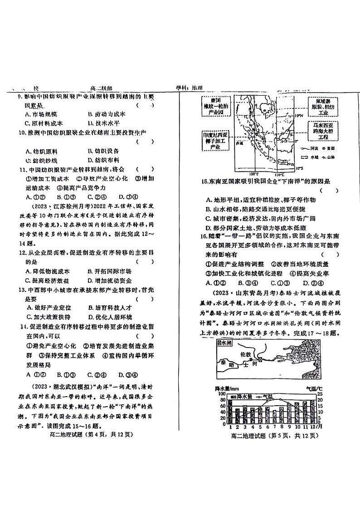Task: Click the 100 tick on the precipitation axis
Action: point(223,394)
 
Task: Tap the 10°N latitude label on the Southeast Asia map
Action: point(297,116)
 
